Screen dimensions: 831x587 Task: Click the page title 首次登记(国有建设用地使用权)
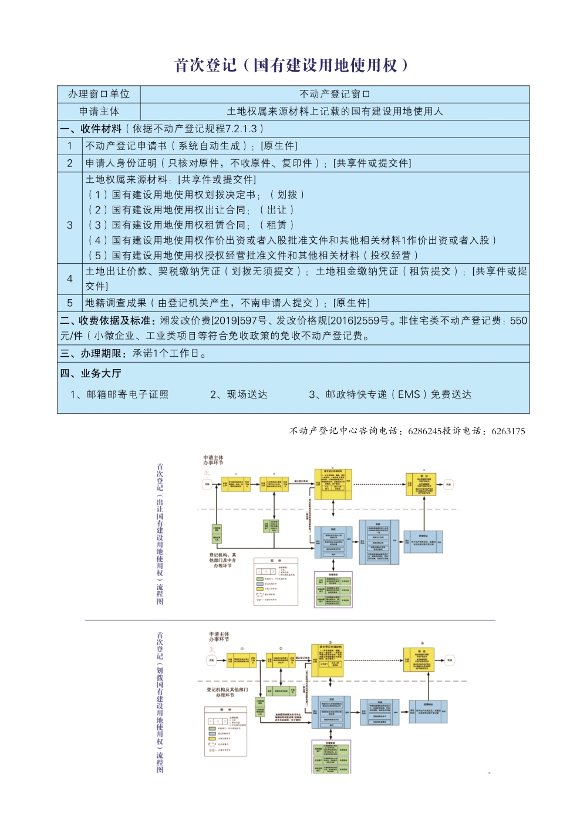tap(292, 65)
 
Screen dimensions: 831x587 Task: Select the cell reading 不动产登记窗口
tap(335, 94)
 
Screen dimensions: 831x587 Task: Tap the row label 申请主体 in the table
tap(99, 111)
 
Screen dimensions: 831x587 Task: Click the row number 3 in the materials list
tap(70, 225)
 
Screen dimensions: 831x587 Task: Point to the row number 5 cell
tap(70, 303)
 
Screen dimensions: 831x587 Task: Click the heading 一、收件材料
tap(91, 129)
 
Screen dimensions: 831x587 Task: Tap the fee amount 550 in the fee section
tap(518, 321)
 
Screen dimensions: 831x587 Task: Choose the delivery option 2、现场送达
tap(239, 394)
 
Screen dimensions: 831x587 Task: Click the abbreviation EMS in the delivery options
tap(409, 394)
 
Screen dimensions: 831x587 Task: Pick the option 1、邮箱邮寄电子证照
tap(119, 394)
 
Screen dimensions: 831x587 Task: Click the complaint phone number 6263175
tap(508, 431)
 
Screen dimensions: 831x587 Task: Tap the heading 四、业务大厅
tap(91, 374)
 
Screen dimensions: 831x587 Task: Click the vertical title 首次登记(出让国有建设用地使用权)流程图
tap(160, 534)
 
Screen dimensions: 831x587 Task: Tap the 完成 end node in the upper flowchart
tap(449, 485)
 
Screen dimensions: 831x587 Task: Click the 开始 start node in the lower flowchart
tap(211, 660)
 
